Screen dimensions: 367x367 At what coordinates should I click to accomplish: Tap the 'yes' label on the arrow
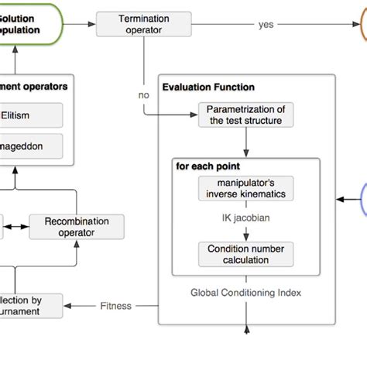(266, 24)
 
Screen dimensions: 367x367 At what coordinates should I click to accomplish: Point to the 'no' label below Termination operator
(143, 95)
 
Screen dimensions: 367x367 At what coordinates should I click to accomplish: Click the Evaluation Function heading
(208, 87)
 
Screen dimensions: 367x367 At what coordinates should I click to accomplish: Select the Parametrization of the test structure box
(246, 115)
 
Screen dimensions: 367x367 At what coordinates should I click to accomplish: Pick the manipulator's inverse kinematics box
(245, 188)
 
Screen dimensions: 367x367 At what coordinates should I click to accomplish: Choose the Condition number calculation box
(245, 254)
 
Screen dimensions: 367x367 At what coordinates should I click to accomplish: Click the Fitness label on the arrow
(116, 306)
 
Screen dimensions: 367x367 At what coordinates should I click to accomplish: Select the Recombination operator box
(76, 227)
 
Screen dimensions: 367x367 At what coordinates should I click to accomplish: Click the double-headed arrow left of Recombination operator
(15, 227)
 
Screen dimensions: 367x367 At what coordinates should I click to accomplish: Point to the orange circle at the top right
(362, 24)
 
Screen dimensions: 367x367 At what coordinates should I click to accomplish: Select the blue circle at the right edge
(362, 200)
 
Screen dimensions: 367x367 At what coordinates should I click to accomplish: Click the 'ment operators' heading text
(34, 87)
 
